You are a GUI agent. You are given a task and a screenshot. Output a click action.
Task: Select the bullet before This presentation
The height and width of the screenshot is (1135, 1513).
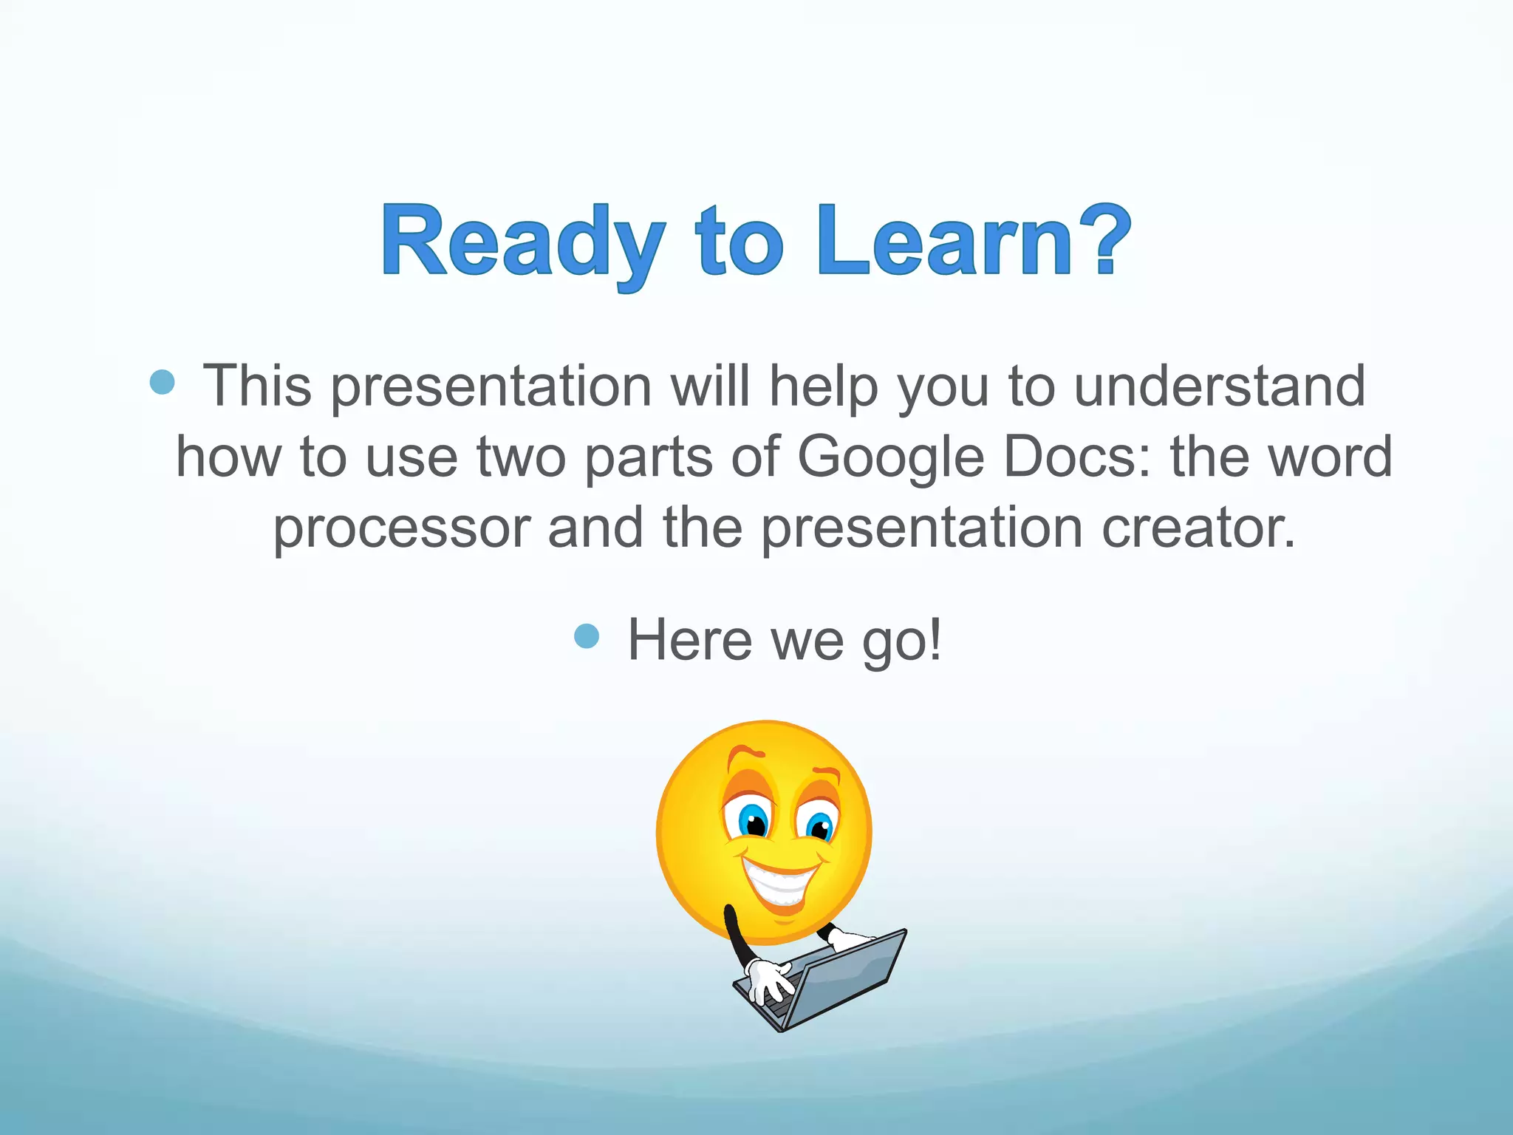162,382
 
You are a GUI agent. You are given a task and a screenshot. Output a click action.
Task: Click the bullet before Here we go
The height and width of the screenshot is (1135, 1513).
586,635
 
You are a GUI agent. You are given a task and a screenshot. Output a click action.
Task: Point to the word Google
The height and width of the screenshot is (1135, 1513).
890,457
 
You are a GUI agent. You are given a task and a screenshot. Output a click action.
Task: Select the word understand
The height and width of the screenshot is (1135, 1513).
1219,386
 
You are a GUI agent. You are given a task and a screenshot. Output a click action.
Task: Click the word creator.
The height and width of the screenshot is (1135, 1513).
1198,528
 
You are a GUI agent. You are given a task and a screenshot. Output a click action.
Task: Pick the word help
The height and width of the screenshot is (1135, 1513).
823,386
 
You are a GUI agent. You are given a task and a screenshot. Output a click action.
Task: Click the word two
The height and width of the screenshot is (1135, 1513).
521,457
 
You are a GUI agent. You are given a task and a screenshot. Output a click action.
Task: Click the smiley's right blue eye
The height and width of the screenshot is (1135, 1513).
819,826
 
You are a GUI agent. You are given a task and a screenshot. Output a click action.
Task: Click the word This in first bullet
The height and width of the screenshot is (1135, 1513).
257,386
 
